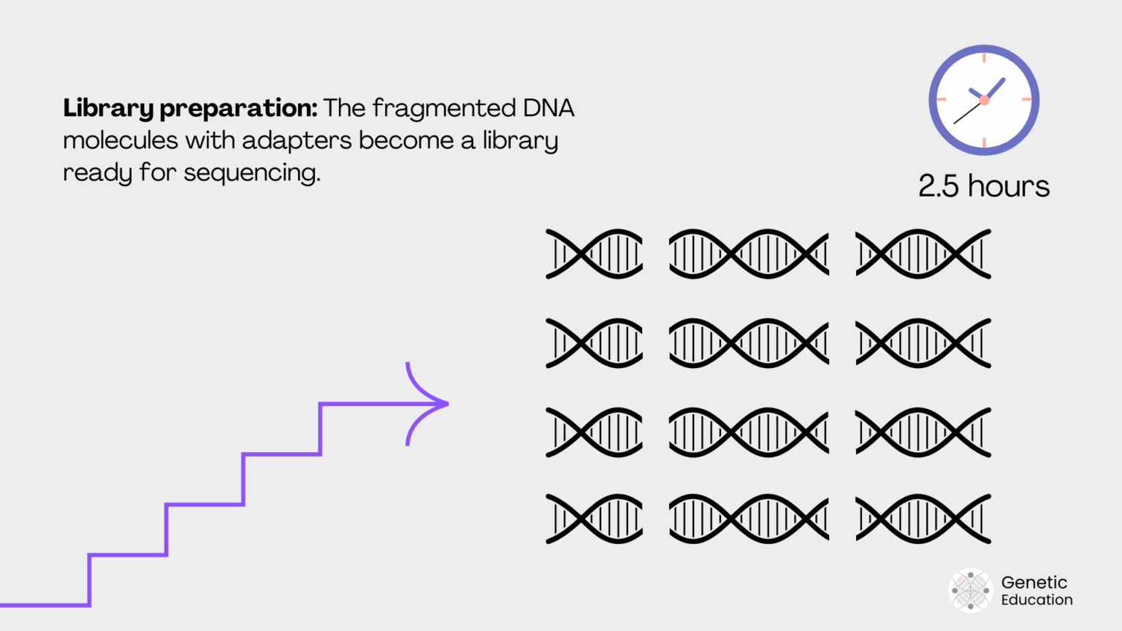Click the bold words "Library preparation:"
click(190, 109)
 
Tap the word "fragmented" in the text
click(444, 109)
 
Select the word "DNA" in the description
click(548, 108)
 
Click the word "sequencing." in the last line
click(251, 174)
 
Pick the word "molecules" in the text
click(121, 140)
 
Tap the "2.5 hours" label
click(983, 186)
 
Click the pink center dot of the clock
click(984, 100)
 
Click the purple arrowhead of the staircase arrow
click(431, 403)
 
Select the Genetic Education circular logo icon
click(970, 590)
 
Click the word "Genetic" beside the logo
click(1034, 582)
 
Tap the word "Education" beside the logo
click(1037, 600)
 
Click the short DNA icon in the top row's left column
click(594, 254)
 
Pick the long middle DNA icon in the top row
click(749, 254)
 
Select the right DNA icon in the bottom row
click(923, 519)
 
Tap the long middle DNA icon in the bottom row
click(749, 519)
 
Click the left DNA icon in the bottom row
click(594, 519)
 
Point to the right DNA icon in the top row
click(923, 254)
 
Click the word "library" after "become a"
click(520, 141)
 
